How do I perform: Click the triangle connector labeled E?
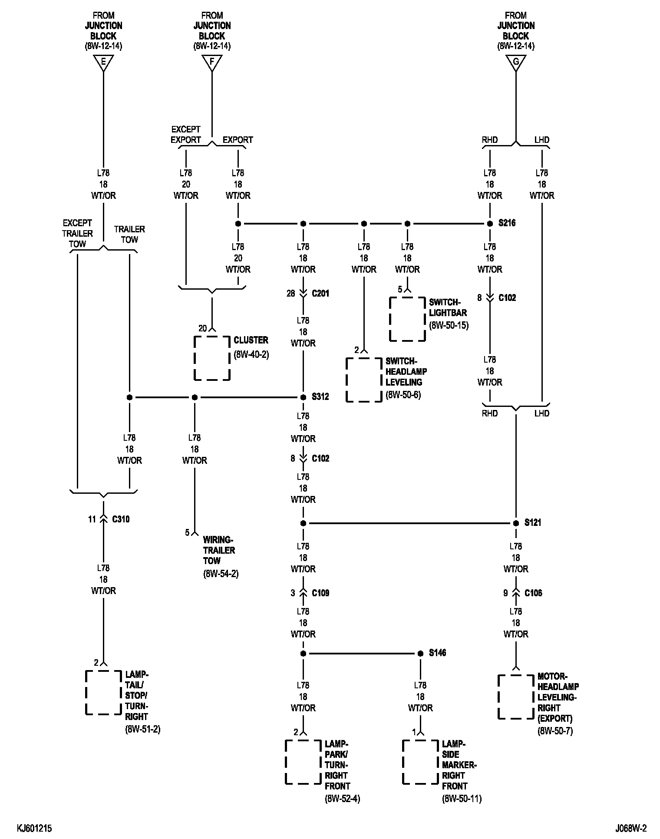[x=103, y=63]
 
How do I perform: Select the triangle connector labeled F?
[x=212, y=63]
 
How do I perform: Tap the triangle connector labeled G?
[x=516, y=63]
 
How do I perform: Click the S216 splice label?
[x=507, y=223]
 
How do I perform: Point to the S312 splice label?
[x=320, y=397]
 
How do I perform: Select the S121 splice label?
[x=533, y=523]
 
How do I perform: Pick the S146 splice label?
[x=437, y=653]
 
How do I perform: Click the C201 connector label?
[x=320, y=294]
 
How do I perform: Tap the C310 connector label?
[x=121, y=519]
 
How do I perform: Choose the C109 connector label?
[x=320, y=593]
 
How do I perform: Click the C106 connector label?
[x=533, y=593]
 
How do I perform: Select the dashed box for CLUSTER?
[x=212, y=358]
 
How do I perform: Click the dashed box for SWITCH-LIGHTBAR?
[x=407, y=319]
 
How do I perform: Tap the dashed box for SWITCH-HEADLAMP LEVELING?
[x=364, y=380]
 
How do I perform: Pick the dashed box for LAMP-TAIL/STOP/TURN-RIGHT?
[x=103, y=692]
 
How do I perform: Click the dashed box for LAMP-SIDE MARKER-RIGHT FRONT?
[x=420, y=762]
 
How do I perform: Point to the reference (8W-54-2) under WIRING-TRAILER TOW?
[x=221, y=574]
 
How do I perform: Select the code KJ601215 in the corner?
[x=34, y=829]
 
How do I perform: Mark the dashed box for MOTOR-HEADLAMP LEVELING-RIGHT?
[x=516, y=697]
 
